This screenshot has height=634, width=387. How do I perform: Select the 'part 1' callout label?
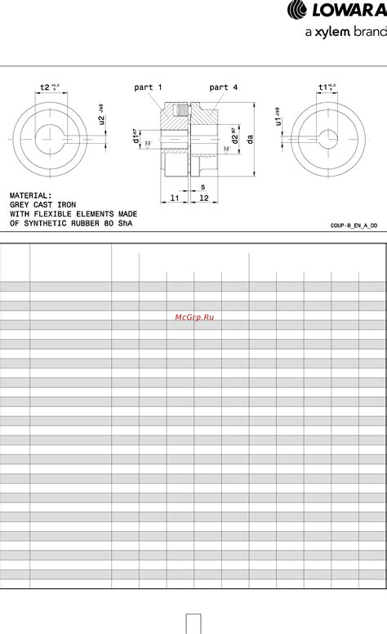[x=148, y=87]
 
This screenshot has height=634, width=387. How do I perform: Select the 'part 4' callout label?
[x=224, y=87]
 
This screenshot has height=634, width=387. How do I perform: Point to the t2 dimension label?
[x=47, y=87]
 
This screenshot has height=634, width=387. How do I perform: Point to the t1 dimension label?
[x=325, y=87]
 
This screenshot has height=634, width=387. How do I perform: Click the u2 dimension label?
[x=102, y=120]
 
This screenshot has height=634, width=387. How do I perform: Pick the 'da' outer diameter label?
[x=251, y=139]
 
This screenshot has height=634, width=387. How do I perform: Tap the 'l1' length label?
[x=175, y=199]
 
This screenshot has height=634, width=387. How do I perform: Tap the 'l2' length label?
[x=203, y=199]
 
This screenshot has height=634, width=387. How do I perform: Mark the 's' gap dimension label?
[x=202, y=187]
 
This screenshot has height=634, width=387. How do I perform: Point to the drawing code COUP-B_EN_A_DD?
[x=354, y=224]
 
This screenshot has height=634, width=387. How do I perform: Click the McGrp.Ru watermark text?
[x=194, y=316]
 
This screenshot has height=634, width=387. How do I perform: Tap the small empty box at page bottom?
[x=193, y=623]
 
